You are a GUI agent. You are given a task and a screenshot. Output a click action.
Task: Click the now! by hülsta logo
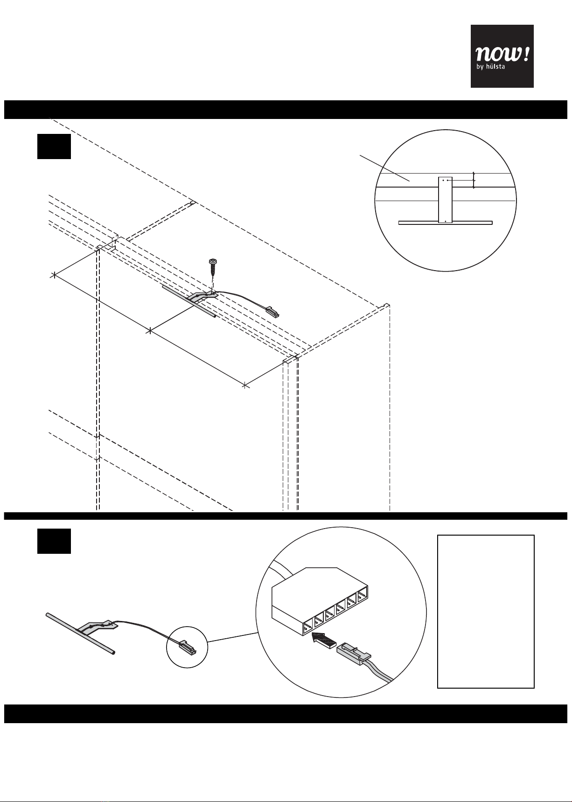pyautogui.click(x=502, y=56)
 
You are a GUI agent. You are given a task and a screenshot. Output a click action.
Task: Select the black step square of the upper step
pyautogui.click(x=54, y=146)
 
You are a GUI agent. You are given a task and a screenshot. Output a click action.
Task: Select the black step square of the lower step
pyautogui.click(x=54, y=541)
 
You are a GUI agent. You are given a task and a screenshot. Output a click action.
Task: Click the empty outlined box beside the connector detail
pyautogui.click(x=486, y=612)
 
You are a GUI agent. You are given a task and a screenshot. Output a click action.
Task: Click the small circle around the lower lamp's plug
pyautogui.click(x=187, y=647)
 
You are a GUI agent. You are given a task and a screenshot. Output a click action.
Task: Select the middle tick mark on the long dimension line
pyautogui.click(x=149, y=331)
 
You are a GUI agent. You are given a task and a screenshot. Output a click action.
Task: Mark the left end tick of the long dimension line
pyautogui.click(x=54, y=275)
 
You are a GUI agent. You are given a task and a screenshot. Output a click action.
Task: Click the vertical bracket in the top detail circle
pyautogui.click(x=446, y=200)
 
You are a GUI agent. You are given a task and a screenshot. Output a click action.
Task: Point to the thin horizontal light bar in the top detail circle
pyautogui.click(x=446, y=223)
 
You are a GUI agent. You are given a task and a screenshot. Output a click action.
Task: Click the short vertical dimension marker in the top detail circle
pyautogui.click(x=474, y=180)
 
